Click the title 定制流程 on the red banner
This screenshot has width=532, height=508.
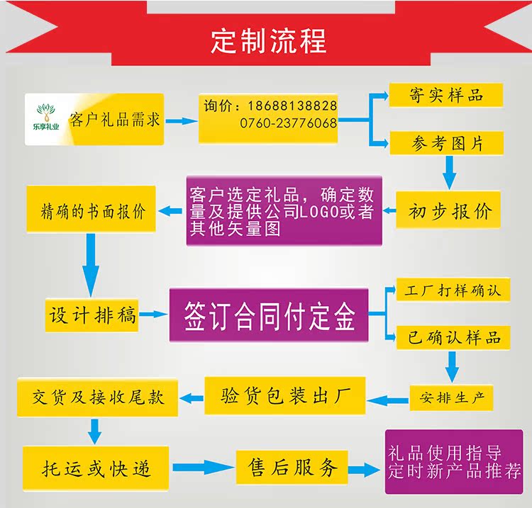(x=268, y=41)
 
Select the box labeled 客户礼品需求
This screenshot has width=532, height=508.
(x=114, y=119)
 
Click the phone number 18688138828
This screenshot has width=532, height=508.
(x=292, y=106)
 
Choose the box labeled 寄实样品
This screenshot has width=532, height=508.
(x=446, y=95)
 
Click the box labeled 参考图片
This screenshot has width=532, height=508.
(x=446, y=143)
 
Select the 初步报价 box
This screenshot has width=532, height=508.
(x=450, y=210)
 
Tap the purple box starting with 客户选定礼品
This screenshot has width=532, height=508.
(x=284, y=210)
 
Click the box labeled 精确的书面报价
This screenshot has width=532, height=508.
(x=92, y=210)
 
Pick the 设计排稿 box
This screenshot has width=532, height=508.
(x=92, y=314)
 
